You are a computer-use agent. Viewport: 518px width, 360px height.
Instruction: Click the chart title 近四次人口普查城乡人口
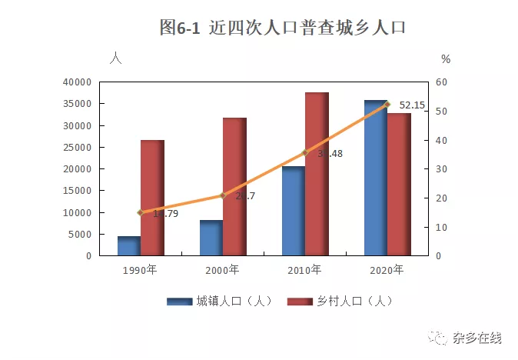click(282, 28)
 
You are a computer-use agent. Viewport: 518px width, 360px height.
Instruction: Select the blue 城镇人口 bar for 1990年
click(128, 245)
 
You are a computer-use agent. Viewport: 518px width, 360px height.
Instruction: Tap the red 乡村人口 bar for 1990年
click(151, 198)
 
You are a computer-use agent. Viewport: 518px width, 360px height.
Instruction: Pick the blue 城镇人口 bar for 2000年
click(211, 238)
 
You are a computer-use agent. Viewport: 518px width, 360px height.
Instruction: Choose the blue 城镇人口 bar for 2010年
click(293, 211)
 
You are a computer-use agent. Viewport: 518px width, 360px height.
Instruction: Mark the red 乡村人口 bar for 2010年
click(317, 174)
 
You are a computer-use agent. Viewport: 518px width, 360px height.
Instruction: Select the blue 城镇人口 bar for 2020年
click(375, 178)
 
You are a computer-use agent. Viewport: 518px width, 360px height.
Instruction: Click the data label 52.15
click(412, 105)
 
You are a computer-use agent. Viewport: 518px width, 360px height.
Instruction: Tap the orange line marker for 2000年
click(223, 195)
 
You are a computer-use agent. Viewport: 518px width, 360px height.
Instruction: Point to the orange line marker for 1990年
click(140, 212)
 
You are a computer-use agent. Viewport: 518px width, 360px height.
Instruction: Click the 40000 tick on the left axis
click(77, 82)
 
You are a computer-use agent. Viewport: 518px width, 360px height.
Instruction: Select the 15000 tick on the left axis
click(77, 191)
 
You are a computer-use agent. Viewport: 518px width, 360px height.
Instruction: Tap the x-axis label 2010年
click(305, 270)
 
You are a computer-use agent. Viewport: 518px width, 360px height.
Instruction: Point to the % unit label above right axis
click(446, 59)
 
